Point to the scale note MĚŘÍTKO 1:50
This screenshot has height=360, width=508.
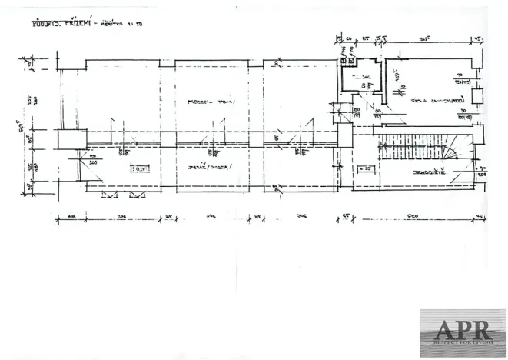[x=124, y=25]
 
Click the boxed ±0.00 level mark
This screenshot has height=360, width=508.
[x=141, y=168]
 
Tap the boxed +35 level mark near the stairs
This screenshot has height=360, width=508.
[x=364, y=168]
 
